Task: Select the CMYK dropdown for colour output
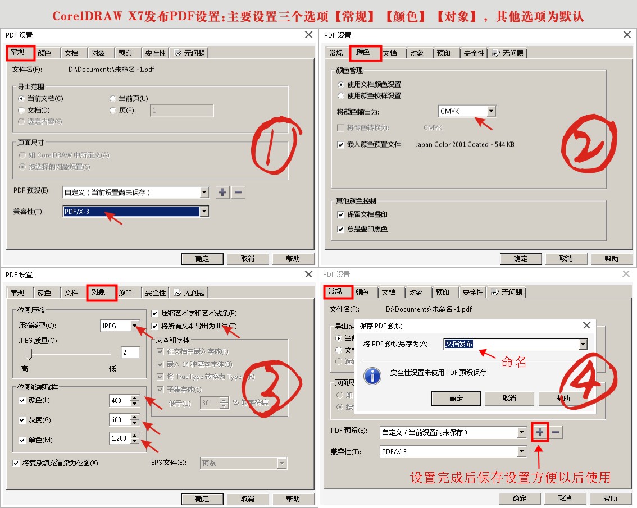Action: [x=467, y=111]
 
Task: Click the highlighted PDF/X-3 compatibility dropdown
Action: [x=135, y=212]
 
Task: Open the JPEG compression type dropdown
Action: [x=120, y=326]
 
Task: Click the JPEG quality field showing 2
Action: [x=130, y=353]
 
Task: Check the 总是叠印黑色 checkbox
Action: [x=340, y=229]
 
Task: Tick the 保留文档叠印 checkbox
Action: [x=340, y=214]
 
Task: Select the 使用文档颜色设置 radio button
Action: [x=340, y=84]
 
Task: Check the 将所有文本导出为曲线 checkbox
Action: [x=156, y=326]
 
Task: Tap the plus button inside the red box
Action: [x=539, y=432]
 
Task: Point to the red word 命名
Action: [x=513, y=362]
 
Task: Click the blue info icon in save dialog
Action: [x=372, y=376]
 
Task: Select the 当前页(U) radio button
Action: [x=113, y=98]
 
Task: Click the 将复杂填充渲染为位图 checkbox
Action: [x=16, y=463]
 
